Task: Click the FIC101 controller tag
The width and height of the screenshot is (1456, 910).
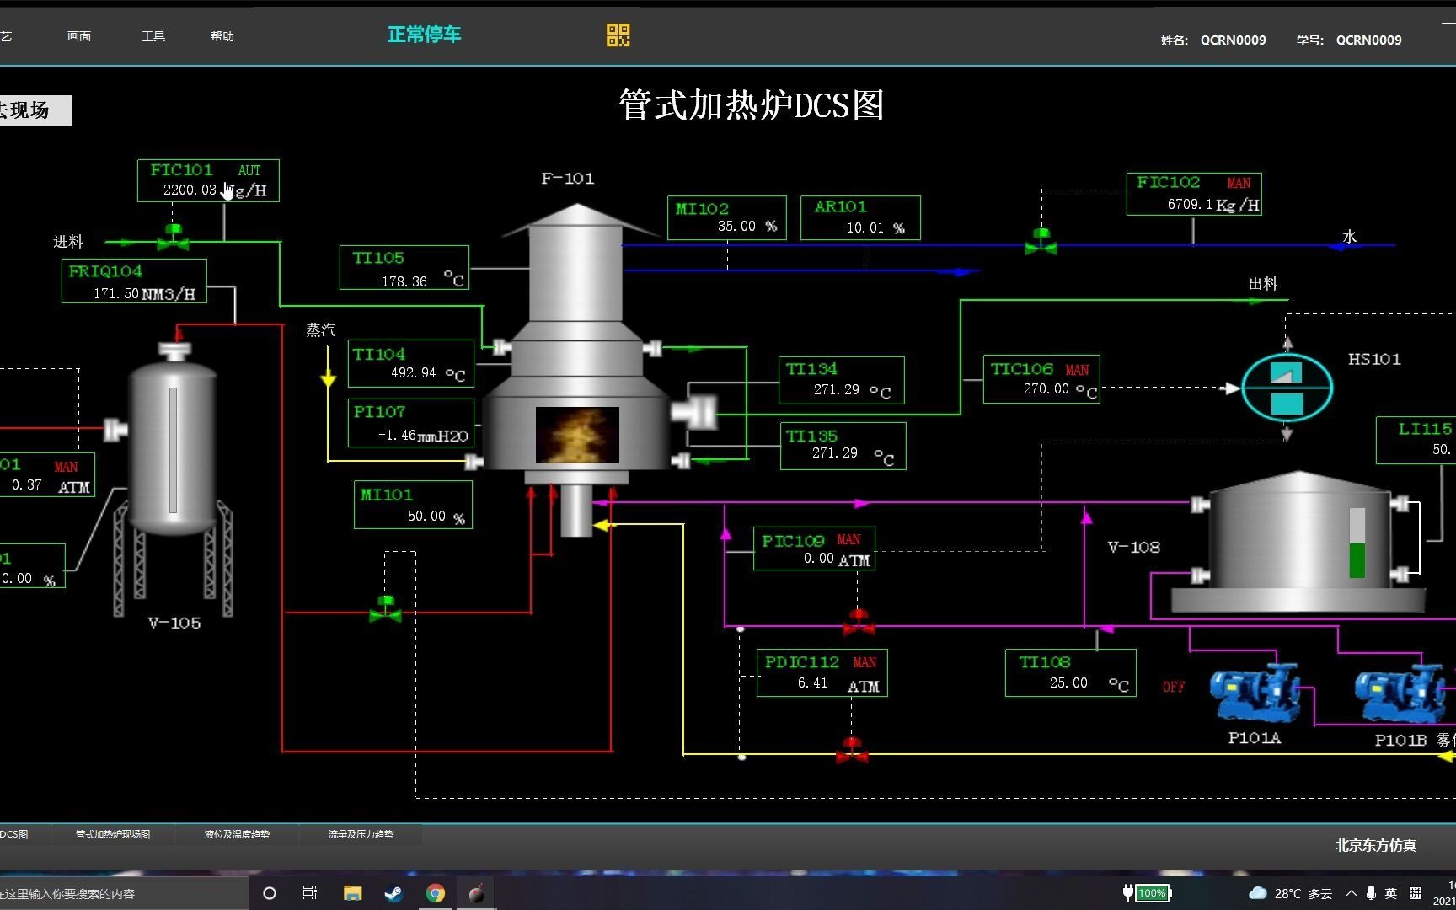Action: click(x=181, y=170)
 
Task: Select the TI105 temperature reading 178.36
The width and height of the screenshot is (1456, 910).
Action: click(x=404, y=281)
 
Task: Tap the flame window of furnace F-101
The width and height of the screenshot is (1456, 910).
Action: click(x=577, y=435)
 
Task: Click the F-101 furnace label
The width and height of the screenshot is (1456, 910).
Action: click(x=567, y=179)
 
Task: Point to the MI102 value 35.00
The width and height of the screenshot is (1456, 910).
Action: click(x=736, y=227)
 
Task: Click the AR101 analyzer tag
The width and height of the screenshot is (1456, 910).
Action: click(x=840, y=207)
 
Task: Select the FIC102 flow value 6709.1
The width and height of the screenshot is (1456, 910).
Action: click(x=1190, y=205)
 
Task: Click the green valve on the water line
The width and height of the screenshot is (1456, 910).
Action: click(x=1041, y=242)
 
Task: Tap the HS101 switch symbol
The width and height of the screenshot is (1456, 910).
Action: click(x=1287, y=388)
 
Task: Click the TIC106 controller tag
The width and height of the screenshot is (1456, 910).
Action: click(x=1021, y=369)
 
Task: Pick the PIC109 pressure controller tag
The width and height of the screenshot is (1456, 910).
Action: click(x=793, y=541)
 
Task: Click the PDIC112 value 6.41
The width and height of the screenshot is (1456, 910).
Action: click(x=812, y=683)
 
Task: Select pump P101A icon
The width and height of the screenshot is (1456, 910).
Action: click(x=1255, y=693)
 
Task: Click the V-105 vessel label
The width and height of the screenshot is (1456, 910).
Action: click(x=174, y=624)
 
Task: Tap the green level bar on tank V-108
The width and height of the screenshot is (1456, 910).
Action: click(x=1357, y=559)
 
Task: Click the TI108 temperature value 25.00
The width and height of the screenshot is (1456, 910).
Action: click(x=1068, y=683)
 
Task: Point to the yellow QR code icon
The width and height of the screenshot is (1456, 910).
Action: click(x=618, y=35)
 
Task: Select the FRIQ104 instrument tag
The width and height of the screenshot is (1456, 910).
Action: click(x=105, y=271)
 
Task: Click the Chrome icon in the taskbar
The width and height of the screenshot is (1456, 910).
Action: click(x=436, y=893)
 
